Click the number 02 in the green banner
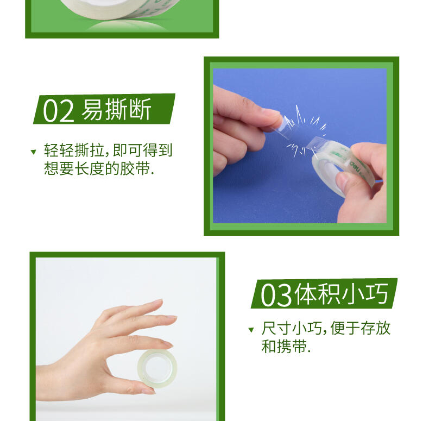[58, 111]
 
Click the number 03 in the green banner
[276, 295]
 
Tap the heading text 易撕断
[116, 109]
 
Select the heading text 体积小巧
[342, 294]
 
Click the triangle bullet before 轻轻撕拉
[33, 152]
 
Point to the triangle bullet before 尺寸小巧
[251, 330]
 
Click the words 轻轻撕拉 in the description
[74, 150]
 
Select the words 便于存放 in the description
[361, 328]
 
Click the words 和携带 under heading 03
[284, 346]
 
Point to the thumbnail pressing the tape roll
[342, 181]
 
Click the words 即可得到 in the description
[142, 150]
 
